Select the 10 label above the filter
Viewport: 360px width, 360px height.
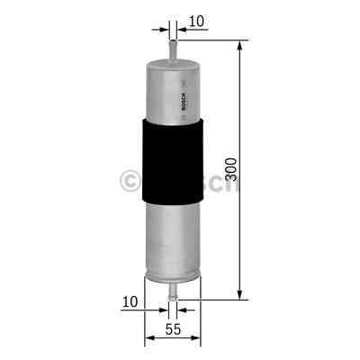pyautogui.click(x=197, y=19)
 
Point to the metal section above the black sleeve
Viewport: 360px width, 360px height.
pyautogui.click(x=170, y=85)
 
